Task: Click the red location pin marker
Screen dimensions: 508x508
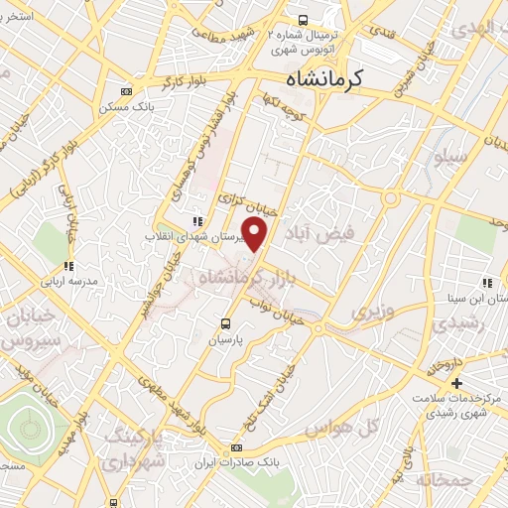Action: tap(256, 234)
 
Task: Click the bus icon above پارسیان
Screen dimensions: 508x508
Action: tap(227, 323)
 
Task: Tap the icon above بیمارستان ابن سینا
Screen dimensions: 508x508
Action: tap(487, 282)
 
